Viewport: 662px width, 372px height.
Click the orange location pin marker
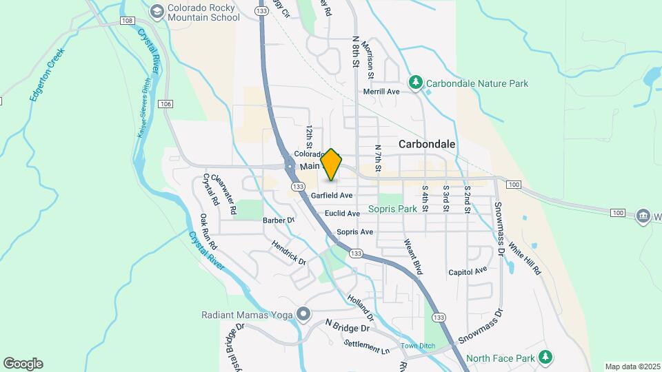pos(332,165)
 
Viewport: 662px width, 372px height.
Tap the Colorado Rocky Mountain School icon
pos(157,11)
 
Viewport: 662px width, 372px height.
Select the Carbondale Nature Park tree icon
pos(415,83)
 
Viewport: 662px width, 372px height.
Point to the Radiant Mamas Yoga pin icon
pos(303,315)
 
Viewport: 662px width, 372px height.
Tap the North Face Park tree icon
pos(545,358)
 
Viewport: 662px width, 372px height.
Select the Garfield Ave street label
pos(332,196)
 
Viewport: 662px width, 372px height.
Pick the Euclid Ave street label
pos(343,214)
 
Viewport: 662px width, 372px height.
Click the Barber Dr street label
pos(279,220)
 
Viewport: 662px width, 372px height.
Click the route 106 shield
pos(164,103)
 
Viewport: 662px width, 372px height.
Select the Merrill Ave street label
pos(382,92)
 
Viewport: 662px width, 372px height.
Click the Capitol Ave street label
pos(468,271)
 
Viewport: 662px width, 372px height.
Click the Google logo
pos(23,364)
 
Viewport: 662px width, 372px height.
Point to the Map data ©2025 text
pos(632,366)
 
